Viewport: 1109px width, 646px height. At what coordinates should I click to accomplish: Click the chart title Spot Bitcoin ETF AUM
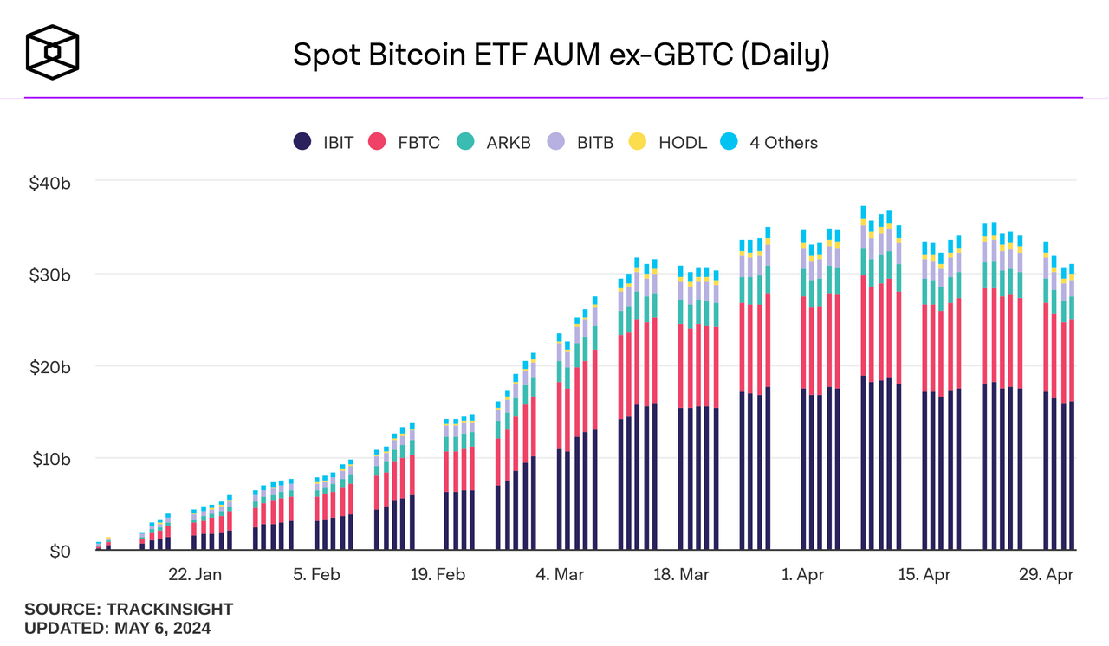(561, 55)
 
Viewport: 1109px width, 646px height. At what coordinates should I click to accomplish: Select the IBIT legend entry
(324, 143)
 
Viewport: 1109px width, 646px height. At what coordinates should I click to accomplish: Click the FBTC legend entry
(405, 143)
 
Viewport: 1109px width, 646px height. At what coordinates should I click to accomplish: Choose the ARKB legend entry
(493, 143)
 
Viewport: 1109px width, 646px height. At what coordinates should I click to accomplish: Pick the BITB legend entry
(580, 143)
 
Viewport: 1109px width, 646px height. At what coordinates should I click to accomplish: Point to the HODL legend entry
(668, 143)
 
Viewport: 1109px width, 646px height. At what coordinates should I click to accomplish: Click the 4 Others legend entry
(769, 143)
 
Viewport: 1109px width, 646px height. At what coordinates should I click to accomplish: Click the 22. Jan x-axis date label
(195, 575)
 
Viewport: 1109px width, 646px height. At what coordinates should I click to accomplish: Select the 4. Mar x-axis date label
(560, 575)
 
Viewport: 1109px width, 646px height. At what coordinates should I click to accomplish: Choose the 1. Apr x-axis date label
(803, 575)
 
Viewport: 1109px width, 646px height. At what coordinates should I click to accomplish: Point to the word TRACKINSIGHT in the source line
(170, 610)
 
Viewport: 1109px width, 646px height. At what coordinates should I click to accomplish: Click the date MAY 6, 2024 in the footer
(162, 629)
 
